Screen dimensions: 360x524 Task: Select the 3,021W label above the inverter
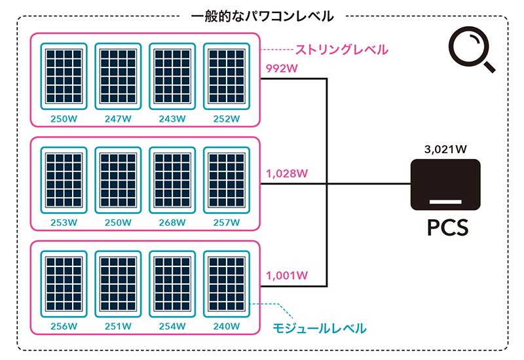pos(445,149)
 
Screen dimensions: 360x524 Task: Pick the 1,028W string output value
pos(286,173)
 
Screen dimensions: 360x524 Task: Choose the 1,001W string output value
pos(286,276)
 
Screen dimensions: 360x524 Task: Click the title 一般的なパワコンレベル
pos(263,16)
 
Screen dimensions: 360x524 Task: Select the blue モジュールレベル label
pos(319,327)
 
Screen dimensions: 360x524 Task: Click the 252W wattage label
pos(227,119)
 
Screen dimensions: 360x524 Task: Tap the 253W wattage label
pos(64,223)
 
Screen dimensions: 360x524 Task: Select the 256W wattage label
pos(64,326)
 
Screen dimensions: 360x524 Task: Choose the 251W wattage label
pos(118,326)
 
